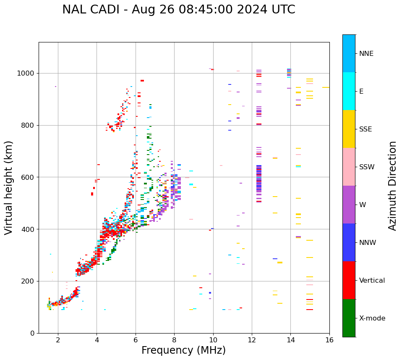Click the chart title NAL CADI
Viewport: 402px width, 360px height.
coord(179,10)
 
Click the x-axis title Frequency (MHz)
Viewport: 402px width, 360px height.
coord(183,350)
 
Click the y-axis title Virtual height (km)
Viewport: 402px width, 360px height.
coord(9,188)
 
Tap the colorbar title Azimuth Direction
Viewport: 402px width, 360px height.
coord(392,186)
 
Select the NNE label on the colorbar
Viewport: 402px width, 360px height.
coord(366,54)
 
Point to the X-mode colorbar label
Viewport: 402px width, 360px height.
coord(372,318)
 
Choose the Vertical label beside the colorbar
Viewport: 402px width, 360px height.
coord(372,281)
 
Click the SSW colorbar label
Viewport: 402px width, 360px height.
coord(366,167)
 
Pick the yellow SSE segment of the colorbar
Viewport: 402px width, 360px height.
coord(349,129)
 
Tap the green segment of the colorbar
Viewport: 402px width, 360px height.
coord(349,318)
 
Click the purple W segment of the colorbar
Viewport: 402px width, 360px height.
coord(349,205)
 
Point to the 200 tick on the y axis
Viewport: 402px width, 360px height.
coord(29,281)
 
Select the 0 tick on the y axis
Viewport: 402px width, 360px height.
coord(33,333)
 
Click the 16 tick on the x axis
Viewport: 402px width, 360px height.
coord(329,340)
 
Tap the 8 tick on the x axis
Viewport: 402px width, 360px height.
coord(174,340)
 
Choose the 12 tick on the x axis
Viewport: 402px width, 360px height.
coord(252,340)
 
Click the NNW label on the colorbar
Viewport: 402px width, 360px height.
coord(368,243)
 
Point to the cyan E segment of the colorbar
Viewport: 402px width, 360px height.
coord(349,91)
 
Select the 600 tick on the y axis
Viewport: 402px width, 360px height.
coord(29,177)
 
